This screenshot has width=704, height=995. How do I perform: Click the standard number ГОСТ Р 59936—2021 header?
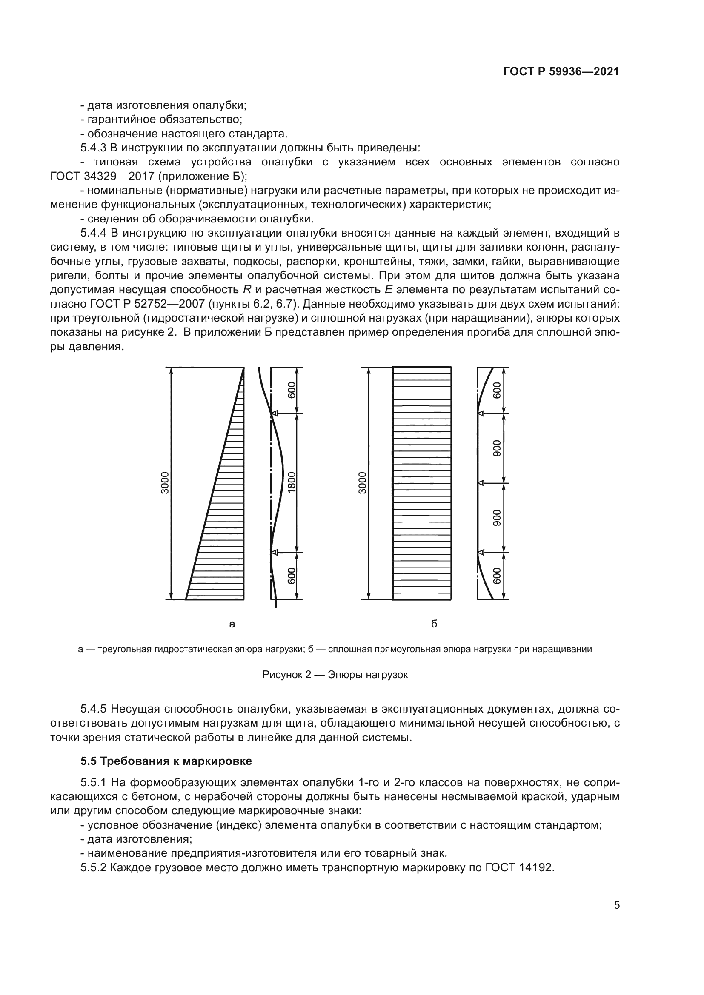tap(561, 72)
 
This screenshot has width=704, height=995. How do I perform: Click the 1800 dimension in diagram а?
tap(292, 482)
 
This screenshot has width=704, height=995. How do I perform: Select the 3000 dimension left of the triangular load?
tap(165, 483)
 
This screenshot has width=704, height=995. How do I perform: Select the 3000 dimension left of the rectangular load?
tap(362, 483)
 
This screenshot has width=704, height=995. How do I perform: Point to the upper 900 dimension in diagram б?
tap(497, 448)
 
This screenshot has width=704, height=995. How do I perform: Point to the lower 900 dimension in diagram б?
tap(497, 518)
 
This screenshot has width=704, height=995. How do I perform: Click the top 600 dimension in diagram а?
tap(292, 391)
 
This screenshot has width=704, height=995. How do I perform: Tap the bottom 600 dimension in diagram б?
tap(497, 576)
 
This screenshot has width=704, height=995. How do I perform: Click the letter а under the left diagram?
tap(232, 624)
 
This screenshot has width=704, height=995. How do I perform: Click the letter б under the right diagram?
tap(434, 624)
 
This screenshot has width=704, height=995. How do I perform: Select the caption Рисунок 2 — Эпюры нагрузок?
tap(335, 675)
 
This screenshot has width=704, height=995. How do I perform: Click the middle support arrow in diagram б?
tap(481, 483)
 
